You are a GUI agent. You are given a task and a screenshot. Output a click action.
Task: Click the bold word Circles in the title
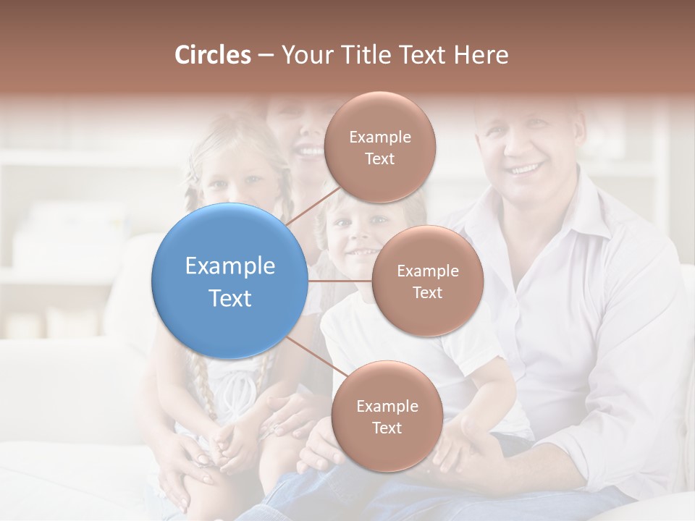tap(213, 55)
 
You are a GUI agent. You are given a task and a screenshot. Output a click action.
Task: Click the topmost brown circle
tap(379, 147)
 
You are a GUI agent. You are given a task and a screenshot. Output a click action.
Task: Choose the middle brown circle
tap(428, 281)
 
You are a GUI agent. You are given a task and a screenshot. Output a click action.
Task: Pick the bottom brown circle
tap(387, 416)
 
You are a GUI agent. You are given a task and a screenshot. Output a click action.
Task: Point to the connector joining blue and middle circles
tap(340, 281)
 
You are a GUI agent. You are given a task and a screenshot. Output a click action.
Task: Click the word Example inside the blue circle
tap(230, 266)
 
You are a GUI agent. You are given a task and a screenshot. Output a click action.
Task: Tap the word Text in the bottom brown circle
tap(387, 428)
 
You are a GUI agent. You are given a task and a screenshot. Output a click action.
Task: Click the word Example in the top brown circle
tap(379, 137)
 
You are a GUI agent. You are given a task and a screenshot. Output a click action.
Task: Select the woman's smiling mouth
tap(310, 151)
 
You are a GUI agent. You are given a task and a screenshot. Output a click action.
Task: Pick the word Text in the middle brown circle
tap(428, 292)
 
